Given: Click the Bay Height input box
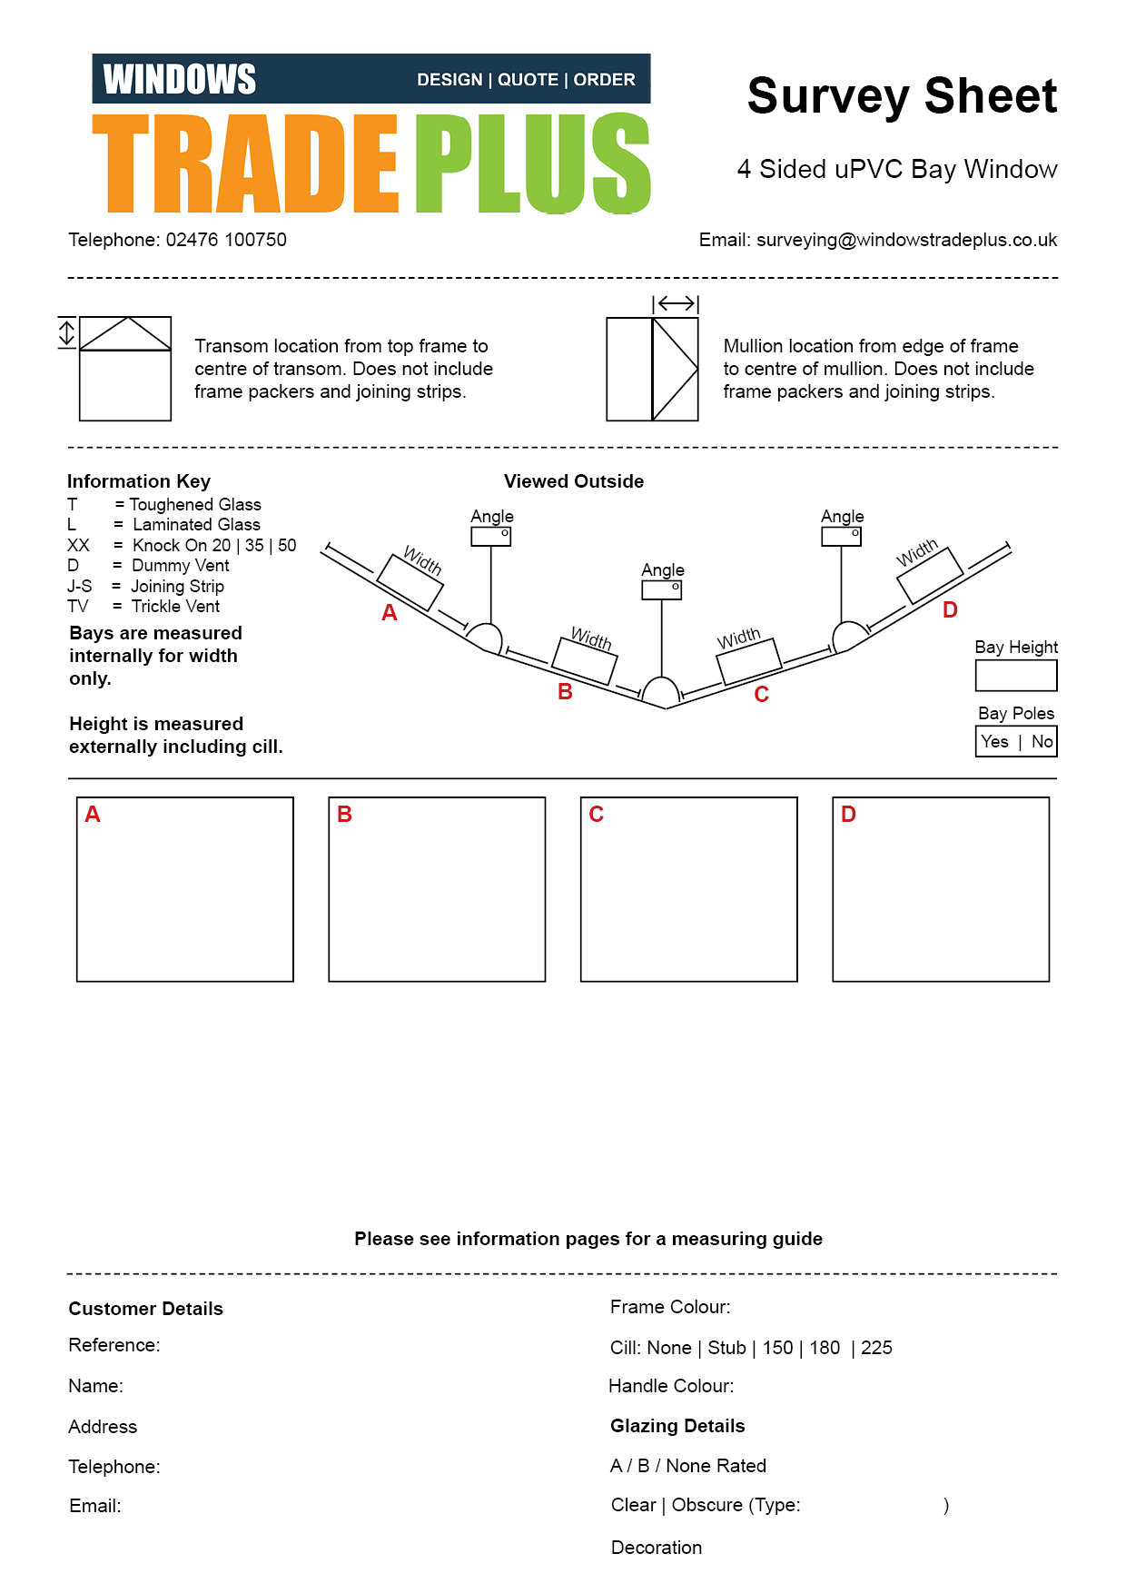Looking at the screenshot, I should (x=1015, y=676).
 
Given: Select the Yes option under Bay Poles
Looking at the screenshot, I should (x=994, y=742).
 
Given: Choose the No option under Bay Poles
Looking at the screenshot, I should (x=1042, y=742).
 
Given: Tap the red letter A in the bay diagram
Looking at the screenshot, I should (x=390, y=613).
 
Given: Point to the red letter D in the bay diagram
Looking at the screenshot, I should (x=950, y=610).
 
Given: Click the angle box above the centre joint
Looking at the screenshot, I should (x=662, y=590).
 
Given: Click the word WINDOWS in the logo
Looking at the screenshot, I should (x=180, y=80).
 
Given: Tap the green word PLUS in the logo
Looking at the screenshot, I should (x=533, y=164).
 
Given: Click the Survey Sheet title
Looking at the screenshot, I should (x=902, y=96).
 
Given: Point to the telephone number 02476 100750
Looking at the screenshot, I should (x=226, y=240).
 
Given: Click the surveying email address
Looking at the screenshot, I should (x=906, y=240).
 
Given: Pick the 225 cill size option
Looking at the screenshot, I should (x=876, y=1348).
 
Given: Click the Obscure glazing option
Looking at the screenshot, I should (x=706, y=1505).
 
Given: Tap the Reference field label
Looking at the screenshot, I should (x=114, y=1345).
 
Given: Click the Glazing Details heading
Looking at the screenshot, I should (x=677, y=1426).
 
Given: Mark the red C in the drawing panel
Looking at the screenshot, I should (x=597, y=815).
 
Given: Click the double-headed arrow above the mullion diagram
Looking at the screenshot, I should (x=676, y=303).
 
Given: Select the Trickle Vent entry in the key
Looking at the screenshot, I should (x=175, y=607).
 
